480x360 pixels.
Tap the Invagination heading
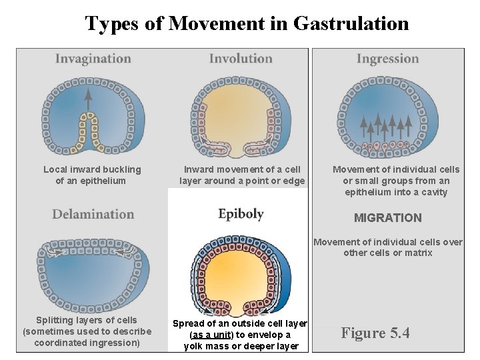93,59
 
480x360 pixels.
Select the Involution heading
241,59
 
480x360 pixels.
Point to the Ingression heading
388,59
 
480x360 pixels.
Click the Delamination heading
93,214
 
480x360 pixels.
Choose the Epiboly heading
241,214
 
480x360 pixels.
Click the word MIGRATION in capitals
387,218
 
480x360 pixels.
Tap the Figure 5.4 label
375,333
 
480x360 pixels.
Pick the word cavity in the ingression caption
434,192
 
